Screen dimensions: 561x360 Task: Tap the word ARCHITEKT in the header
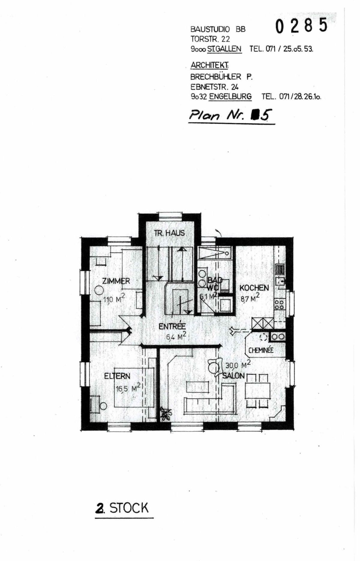(x=209, y=65)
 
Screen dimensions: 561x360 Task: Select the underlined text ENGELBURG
(x=230, y=97)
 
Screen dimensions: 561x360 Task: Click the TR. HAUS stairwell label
(x=169, y=233)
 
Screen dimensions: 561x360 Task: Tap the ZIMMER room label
(x=116, y=281)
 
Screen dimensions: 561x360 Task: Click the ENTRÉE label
(x=172, y=326)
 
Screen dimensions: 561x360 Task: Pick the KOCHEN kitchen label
(x=254, y=288)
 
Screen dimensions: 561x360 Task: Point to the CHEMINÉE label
(x=261, y=350)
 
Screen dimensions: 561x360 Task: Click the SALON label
(x=233, y=376)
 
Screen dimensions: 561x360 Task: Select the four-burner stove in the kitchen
(x=279, y=305)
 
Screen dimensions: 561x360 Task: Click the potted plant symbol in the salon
(x=166, y=414)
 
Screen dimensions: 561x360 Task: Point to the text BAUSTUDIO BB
(x=218, y=29)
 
